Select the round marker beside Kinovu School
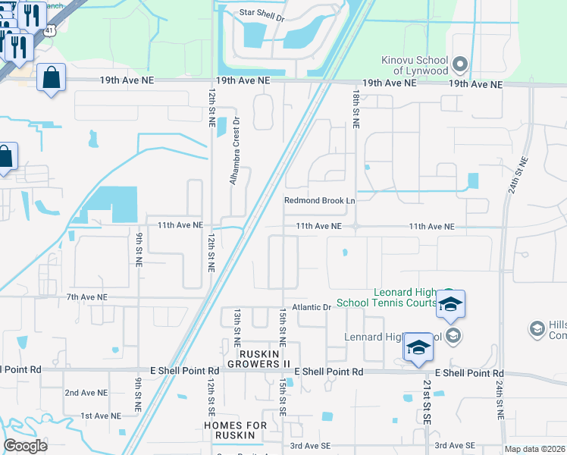460,63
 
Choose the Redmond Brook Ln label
319,201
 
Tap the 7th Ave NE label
86,297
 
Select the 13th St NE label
237,322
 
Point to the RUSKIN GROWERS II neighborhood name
265,359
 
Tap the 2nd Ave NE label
86,393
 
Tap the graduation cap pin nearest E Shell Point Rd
418,347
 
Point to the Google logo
25,446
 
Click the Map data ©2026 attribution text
534,449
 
